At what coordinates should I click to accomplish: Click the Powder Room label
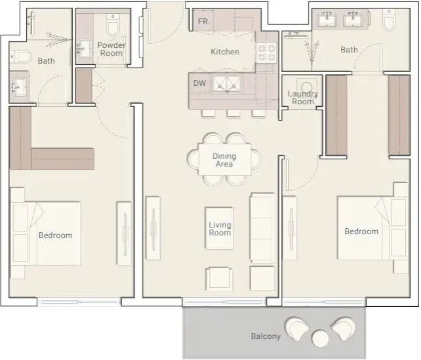coord(111,49)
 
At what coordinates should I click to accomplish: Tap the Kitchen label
coord(225,52)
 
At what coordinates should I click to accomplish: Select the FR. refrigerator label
coord(204,21)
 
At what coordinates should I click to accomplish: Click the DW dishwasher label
coord(199,83)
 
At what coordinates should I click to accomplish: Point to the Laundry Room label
coord(303,98)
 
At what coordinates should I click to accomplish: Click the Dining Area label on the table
coord(224,160)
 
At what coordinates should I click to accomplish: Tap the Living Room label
coord(220,229)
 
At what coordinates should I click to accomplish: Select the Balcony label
coord(266,336)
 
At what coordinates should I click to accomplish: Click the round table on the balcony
coord(320,338)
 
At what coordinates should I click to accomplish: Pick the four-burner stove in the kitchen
coord(267,53)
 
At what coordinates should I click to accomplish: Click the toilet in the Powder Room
coord(113,25)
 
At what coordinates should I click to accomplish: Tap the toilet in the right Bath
coord(389,19)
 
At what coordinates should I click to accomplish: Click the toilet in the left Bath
coord(21,56)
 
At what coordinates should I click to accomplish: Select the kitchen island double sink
coord(227,84)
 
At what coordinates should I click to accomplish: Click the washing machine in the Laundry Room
coord(306,86)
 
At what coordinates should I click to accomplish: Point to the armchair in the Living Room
coord(219,279)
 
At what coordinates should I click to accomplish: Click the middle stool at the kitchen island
coord(233,114)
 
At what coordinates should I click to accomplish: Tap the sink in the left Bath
coord(19,87)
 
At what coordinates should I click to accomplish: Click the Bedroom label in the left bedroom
coord(56,235)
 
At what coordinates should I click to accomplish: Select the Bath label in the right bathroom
coord(349,50)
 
